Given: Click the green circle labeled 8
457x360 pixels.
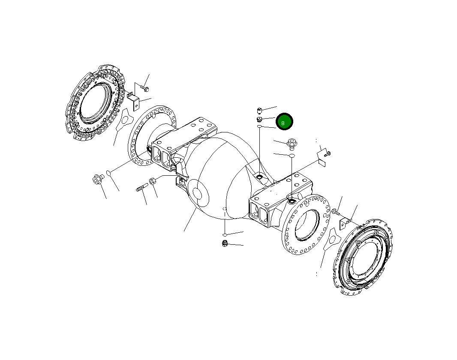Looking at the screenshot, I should coord(284,122).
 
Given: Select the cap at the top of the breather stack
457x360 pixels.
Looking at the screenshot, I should coord(260,110).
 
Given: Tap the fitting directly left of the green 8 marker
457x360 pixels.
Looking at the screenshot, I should coord(260,119).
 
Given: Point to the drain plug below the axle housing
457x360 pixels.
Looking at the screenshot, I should coord(224,244).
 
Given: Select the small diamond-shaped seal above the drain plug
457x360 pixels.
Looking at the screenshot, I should coord(224,234).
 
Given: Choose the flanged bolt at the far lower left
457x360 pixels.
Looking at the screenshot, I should coord(98,179).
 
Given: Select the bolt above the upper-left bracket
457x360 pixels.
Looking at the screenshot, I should coord(144,89).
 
